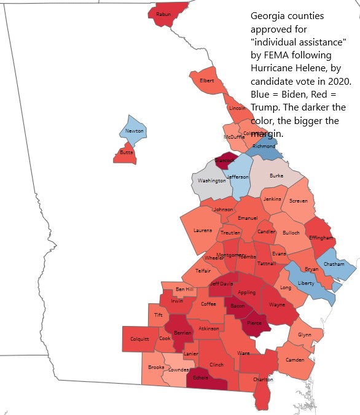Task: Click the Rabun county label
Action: click(x=163, y=14)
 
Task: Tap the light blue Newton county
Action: click(x=135, y=131)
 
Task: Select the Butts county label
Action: click(x=126, y=152)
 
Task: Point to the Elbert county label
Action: click(x=207, y=81)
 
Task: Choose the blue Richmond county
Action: click(x=264, y=147)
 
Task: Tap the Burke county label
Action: click(x=276, y=176)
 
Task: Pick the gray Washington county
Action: click(x=211, y=181)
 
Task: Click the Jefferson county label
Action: click(x=238, y=177)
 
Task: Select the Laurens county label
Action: click(x=203, y=231)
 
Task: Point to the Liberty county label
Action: click(x=305, y=283)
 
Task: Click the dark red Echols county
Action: click(x=201, y=378)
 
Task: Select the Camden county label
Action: click(x=295, y=360)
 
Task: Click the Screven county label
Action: click(x=299, y=201)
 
